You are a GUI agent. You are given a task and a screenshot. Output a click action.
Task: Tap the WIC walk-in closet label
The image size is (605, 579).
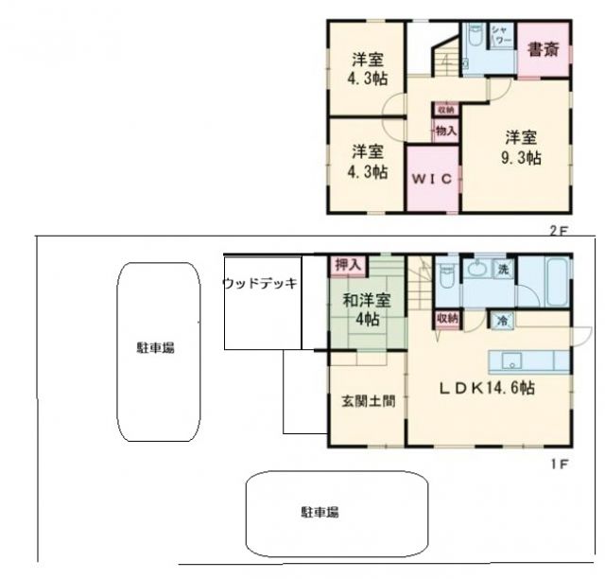click(x=433, y=178)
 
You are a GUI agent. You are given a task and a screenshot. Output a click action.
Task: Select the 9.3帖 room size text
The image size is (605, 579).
click(x=521, y=158)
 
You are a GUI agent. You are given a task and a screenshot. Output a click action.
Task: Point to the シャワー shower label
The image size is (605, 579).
click(x=502, y=39)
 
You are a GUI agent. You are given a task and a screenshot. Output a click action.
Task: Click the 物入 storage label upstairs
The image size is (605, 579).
click(x=446, y=132)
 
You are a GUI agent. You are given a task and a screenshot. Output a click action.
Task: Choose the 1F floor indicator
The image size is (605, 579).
click(x=559, y=464)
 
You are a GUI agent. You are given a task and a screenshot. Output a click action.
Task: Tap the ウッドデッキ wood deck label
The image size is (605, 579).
click(x=261, y=283)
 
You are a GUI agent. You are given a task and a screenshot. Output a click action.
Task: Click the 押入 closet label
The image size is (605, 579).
click(x=347, y=264)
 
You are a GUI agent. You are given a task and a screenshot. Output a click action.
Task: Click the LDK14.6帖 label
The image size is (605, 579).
click(x=487, y=389)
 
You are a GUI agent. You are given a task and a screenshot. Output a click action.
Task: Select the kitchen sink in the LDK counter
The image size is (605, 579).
click(x=511, y=360)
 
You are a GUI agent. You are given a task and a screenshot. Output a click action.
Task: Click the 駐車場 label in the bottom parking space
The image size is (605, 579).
click(x=320, y=512)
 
